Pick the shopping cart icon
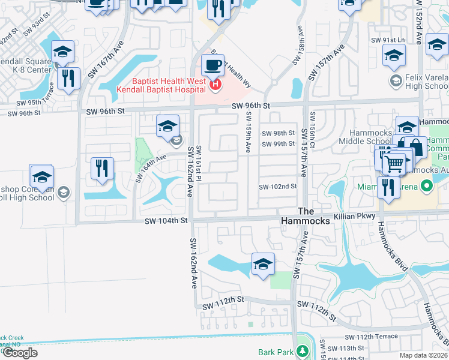[394, 163]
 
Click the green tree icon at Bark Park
[304, 351]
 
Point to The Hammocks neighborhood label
[306, 216]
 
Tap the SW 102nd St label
[278, 187]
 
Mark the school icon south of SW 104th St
[263, 264]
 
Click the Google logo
[20, 353]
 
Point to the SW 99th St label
[278, 144]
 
